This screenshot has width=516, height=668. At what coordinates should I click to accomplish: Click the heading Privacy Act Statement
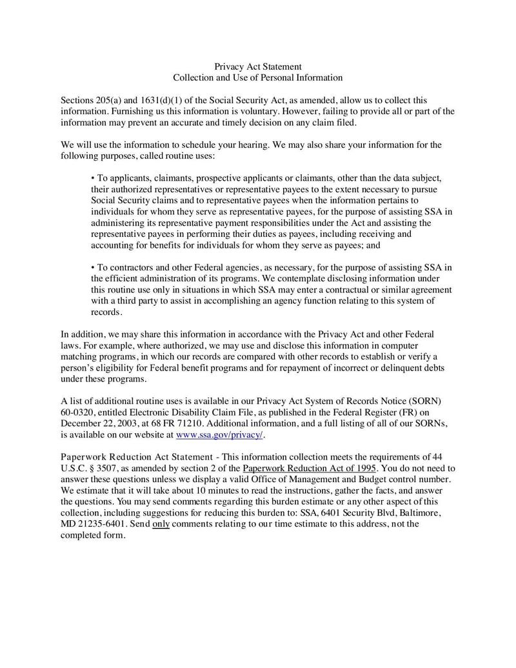click(x=257, y=66)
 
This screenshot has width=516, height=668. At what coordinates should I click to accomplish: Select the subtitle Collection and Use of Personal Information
click(x=257, y=77)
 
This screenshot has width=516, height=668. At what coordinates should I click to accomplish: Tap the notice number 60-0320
click(x=77, y=412)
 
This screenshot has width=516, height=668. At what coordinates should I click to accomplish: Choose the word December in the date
click(x=81, y=423)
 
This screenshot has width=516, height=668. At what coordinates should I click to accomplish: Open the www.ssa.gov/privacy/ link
click(x=220, y=435)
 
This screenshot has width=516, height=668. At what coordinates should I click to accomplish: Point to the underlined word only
click(x=161, y=523)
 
